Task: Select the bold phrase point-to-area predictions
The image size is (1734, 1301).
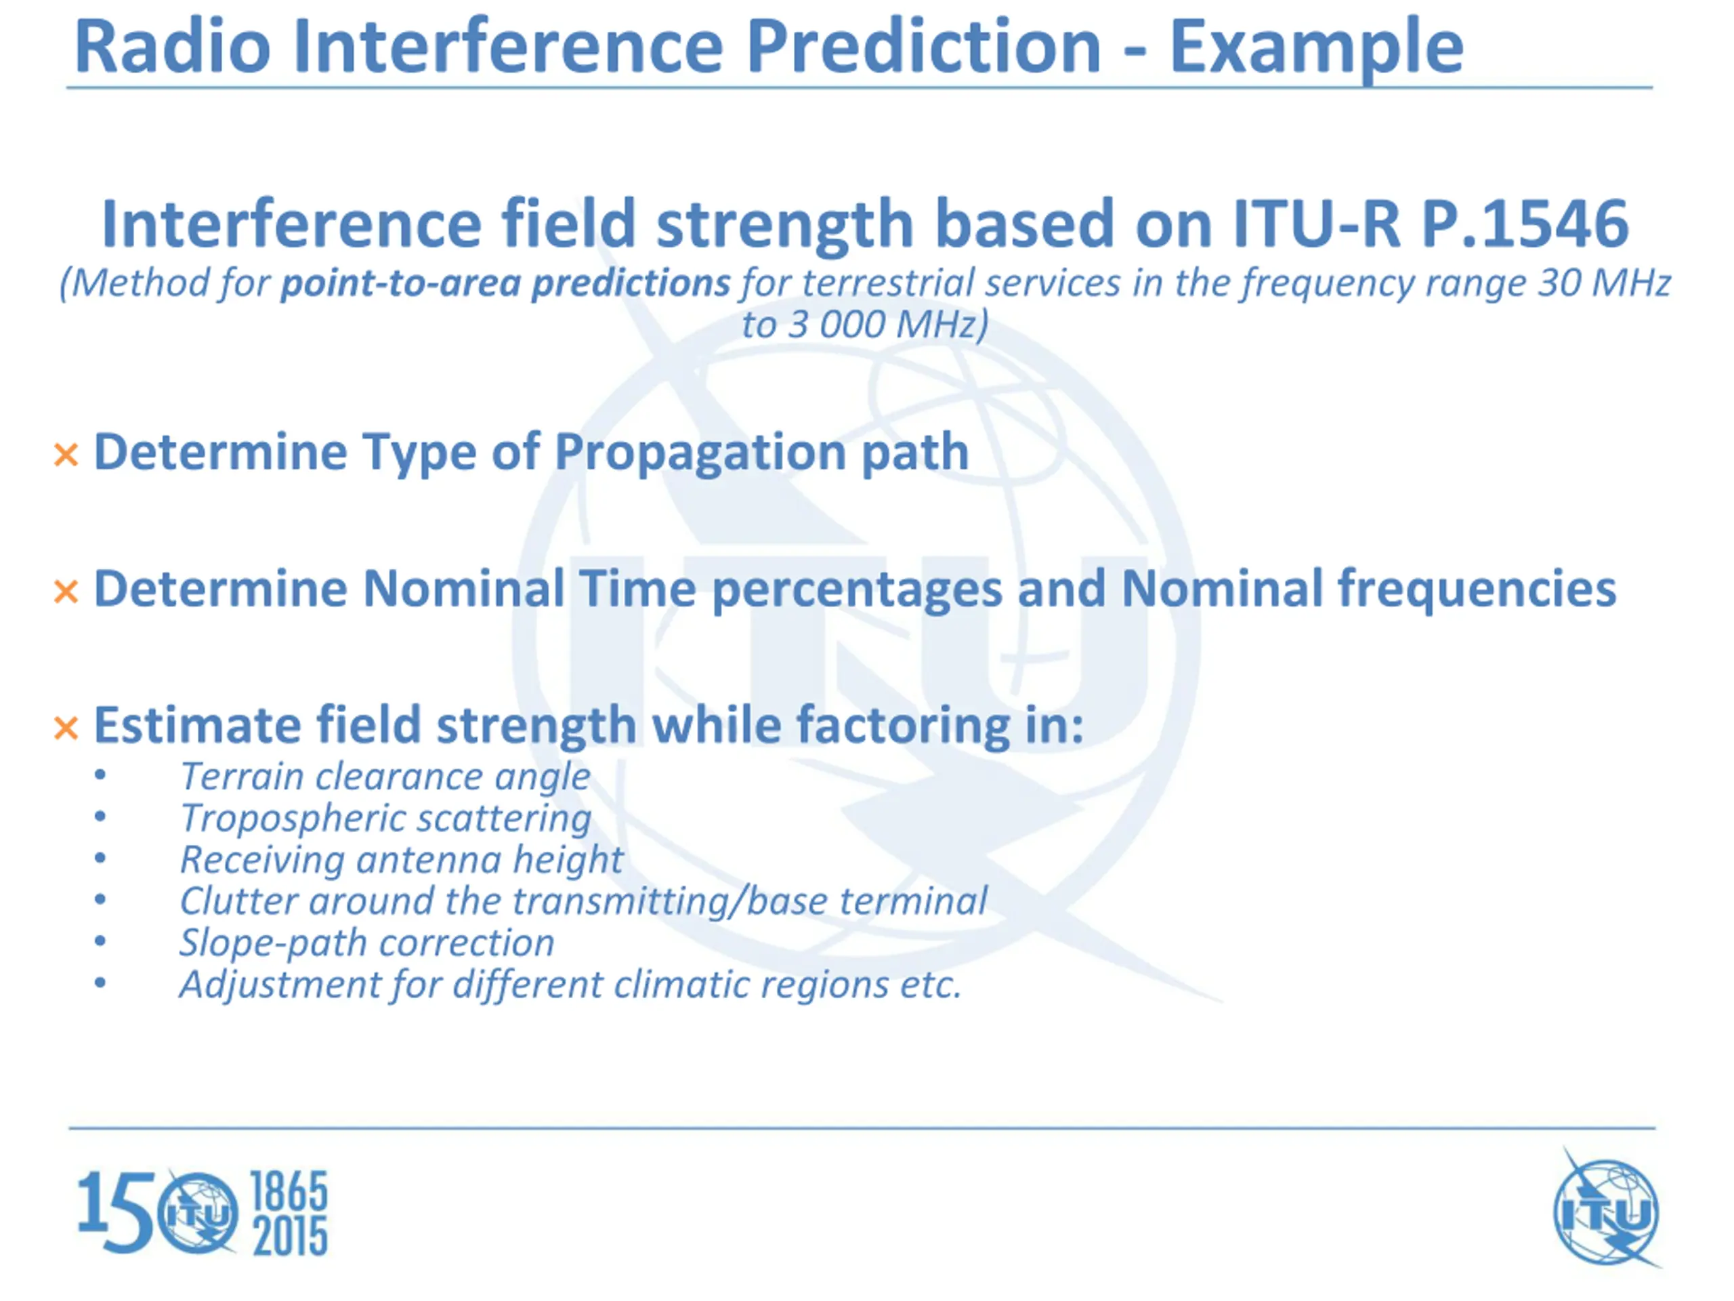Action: pos(505,283)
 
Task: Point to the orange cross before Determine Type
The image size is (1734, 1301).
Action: pos(66,454)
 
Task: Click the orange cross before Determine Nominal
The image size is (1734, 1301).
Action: pos(66,592)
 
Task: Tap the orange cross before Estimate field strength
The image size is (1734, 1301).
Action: pos(66,728)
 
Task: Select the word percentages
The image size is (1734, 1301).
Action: pos(857,590)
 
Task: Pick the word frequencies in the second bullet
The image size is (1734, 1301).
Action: pos(1477,589)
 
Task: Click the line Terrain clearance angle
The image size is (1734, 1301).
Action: pos(385,777)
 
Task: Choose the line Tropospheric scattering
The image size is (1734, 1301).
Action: pos(385,819)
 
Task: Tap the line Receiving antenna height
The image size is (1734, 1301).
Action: pos(402,859)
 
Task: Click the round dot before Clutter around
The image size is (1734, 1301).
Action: pos(100,899)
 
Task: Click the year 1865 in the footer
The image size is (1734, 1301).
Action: pos(289,1192)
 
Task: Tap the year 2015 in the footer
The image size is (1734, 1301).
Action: pos(289,1237)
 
